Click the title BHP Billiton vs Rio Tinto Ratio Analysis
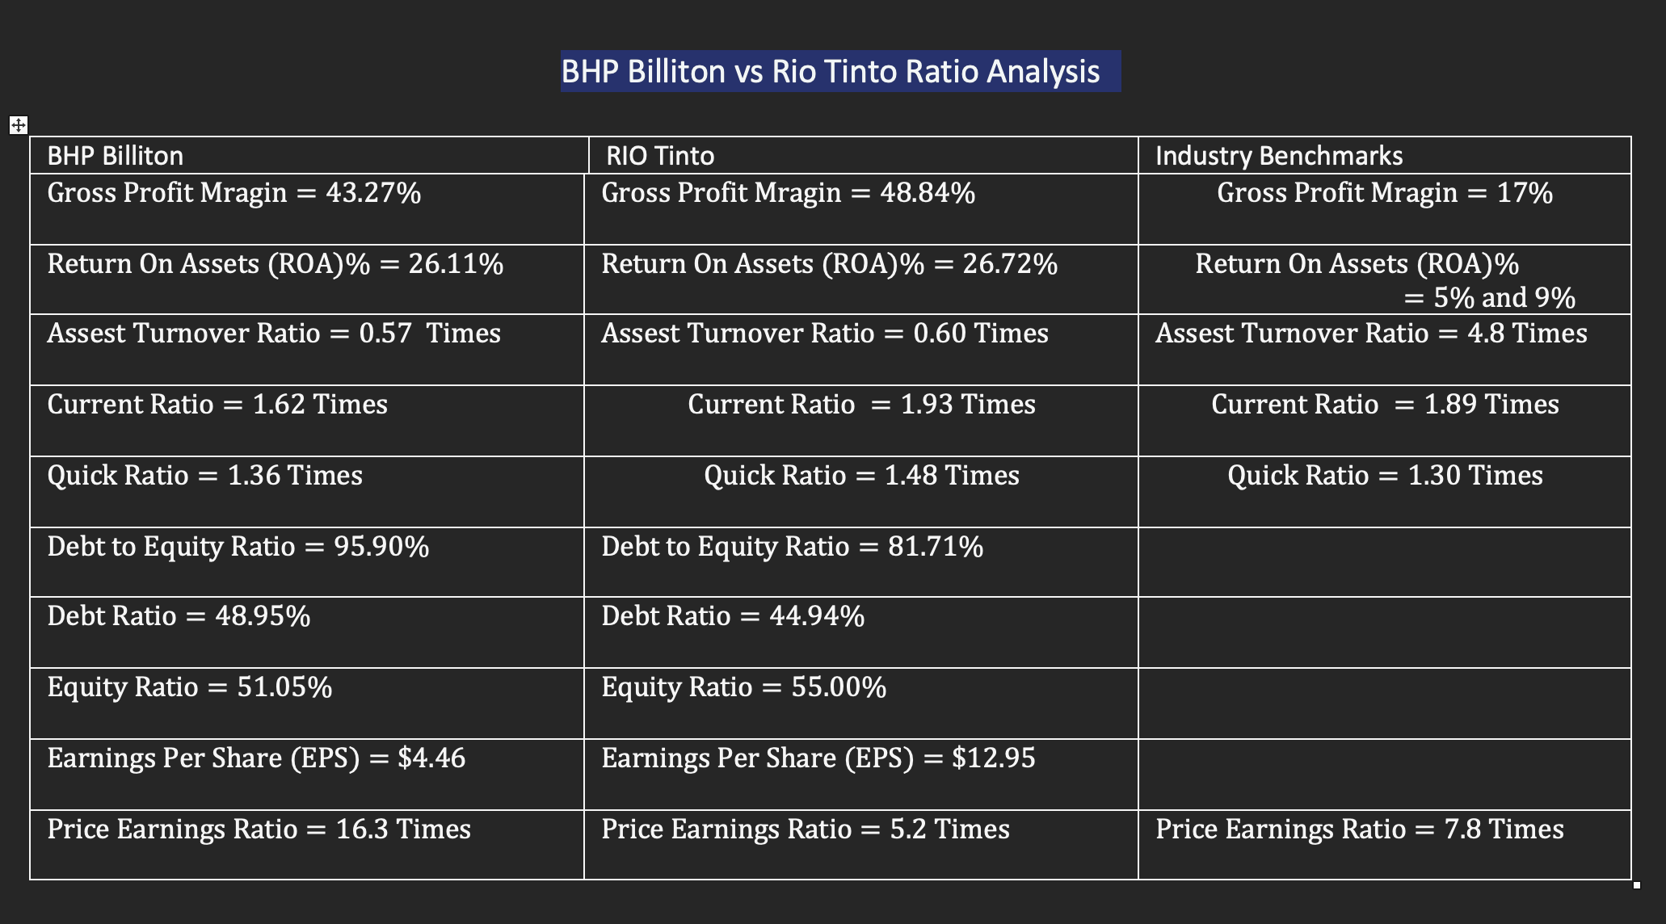[830, 72]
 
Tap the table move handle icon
[18, 125]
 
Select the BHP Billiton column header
[116, 155]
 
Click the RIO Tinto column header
[660, 155]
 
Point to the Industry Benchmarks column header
[1278, 155]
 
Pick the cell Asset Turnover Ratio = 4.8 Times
[1371, 334]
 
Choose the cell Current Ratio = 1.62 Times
[217, 404]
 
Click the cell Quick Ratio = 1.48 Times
[861, 475]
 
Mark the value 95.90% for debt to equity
[381, 547]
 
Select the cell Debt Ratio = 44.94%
[733, 616]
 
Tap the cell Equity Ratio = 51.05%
[190, 687]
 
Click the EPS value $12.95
[993, 758]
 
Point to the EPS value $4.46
[431, 758]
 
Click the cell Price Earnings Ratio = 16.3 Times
[259, 829]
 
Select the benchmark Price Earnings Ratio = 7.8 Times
[1359, 829]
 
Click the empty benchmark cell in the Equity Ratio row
[1383, 703]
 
